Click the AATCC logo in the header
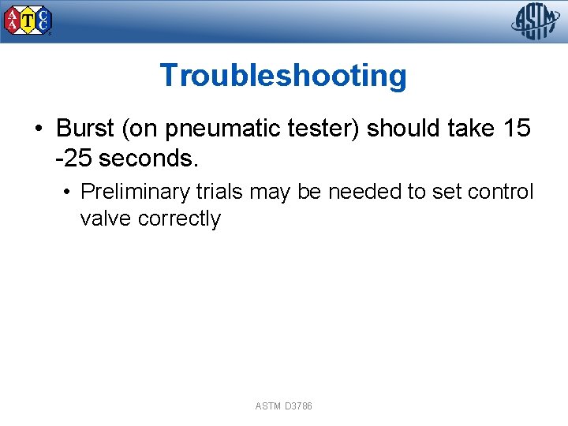point(28,21)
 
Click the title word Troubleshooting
point(283,76)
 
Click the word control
point(502,192)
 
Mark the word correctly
point(179,219)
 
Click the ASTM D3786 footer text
point(284,405)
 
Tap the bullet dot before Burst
point(38,129)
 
